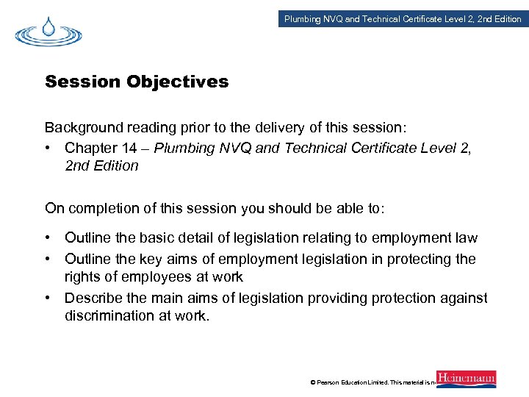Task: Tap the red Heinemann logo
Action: click(x=466, y=379)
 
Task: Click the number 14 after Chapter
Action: click(x=129, y=148)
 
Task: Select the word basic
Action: click(x=163, y=238)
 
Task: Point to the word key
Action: click(x=176, y=259)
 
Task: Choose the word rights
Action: click(x=83, y=276)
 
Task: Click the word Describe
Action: click(x=93, y=297)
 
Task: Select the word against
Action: click(x=462, y=297)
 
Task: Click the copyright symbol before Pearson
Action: click(x=313, y=382)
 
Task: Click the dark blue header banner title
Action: click(x=403, y=19)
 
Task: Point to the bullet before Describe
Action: click(x=48, y=297)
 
